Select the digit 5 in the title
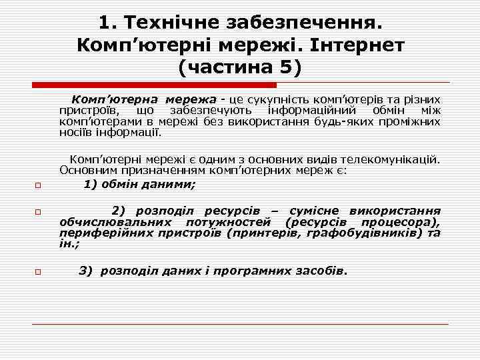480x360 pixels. tap(288, 67)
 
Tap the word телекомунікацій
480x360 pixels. tap(391, 159)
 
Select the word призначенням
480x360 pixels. tap(137, 170)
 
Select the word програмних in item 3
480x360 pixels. tap(256, 271)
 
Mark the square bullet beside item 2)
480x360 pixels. tap(39, 211)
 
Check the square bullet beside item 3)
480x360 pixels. tap(39, 271)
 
